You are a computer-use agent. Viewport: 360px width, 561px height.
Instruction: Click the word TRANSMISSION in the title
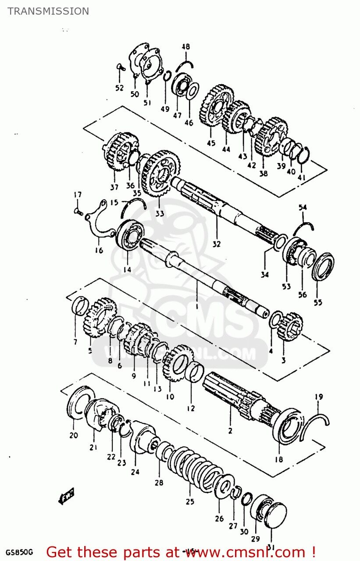click(x=48, y=11)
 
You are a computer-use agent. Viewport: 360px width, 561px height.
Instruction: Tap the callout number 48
click(x=186, y=47)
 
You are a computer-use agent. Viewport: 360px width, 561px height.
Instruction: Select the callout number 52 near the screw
click(x=119, y=88)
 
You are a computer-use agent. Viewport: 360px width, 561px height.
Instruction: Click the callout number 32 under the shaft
click(x=217, y=244)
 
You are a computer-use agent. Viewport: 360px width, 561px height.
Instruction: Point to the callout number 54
click(x=303, y=207)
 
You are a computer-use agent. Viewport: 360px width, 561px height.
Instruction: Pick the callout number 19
click(x=319, y=397)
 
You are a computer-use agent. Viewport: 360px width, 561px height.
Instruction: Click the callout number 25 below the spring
click(x=190, y=502)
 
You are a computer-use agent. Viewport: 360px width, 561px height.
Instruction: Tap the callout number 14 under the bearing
click(x=127, y=270)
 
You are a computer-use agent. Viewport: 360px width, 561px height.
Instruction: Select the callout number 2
click(x=230, y=431)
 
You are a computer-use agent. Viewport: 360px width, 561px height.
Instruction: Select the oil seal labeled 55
click(x=323, y=266)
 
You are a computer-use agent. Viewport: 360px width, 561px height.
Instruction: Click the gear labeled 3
click(x=290, y=326)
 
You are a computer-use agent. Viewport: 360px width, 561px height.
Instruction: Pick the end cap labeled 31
click(x=276, y=514)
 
